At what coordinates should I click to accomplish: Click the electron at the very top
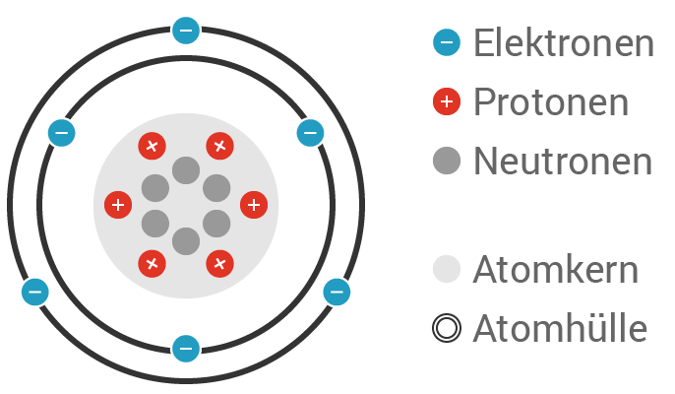185,31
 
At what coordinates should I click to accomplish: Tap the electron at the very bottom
185,348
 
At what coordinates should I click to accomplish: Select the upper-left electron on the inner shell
61,132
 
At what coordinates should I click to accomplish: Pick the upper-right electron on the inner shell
310,132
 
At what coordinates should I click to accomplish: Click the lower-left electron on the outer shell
34,292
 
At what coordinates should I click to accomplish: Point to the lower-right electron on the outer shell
337,292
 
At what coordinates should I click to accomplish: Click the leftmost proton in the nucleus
118,205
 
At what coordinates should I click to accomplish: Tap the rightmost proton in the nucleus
254,205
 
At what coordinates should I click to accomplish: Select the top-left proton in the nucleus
152,147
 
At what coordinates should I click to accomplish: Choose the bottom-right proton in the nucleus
219,263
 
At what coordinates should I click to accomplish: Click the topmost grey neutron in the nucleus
185,170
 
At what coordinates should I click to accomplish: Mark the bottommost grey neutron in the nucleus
185,240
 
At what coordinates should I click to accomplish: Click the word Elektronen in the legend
563,43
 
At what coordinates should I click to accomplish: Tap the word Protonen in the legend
550,101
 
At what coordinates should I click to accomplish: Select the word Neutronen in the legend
562,161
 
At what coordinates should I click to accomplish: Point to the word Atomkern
555,270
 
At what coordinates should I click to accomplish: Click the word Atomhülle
560,328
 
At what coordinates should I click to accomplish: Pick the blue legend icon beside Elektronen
447,42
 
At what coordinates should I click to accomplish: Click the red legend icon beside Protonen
447,101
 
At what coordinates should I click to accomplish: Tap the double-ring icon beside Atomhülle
447,328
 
